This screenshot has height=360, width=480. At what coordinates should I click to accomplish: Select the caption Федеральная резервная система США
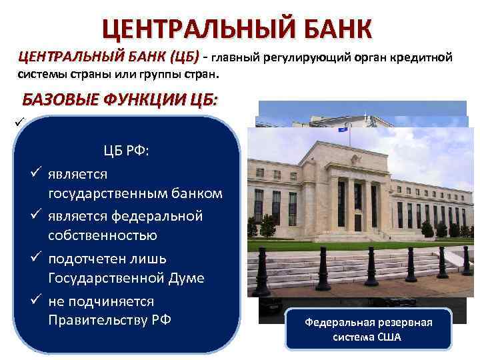pos(369,329)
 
